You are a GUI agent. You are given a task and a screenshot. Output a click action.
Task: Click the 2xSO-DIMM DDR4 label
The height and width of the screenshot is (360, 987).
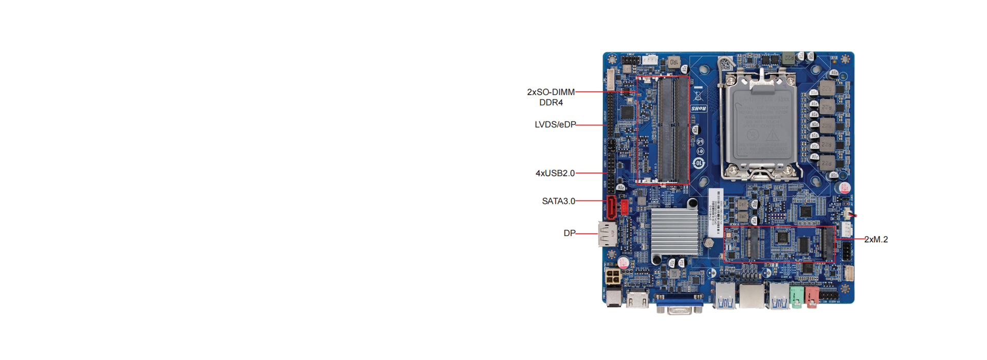point(551,97)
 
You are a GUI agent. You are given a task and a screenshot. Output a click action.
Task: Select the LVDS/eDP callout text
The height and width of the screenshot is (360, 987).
point(555,124)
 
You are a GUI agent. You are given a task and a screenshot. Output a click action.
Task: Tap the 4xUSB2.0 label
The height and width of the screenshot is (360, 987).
point(555,173)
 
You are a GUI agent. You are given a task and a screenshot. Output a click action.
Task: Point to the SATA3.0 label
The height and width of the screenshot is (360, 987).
point(558,201)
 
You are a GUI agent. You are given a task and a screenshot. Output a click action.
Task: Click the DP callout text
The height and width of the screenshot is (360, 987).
point(569,233)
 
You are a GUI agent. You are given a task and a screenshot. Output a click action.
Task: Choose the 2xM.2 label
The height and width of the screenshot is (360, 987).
point(875,239)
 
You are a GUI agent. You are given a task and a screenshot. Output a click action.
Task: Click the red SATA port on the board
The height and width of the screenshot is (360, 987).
point(611,207)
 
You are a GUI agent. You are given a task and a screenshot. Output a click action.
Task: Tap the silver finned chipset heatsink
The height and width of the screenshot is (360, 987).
point(674,232)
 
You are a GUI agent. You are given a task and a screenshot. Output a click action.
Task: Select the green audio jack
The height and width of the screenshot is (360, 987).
point(796,297)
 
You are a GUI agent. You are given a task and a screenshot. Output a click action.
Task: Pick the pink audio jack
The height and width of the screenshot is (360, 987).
point(811,297)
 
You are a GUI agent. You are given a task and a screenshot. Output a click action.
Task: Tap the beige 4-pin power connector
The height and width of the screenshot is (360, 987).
point(613,276)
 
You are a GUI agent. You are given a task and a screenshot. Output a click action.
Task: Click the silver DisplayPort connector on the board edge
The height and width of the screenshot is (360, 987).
point(607,234)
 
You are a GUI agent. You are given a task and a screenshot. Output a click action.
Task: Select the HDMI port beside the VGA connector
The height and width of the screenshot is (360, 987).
point(637,299)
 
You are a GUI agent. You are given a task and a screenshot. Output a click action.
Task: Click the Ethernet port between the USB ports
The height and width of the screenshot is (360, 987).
point(751,297)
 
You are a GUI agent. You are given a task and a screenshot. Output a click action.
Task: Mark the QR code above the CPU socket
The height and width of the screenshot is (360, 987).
point(725,64)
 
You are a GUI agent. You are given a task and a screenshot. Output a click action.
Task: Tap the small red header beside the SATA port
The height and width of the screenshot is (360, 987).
point(625,207)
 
